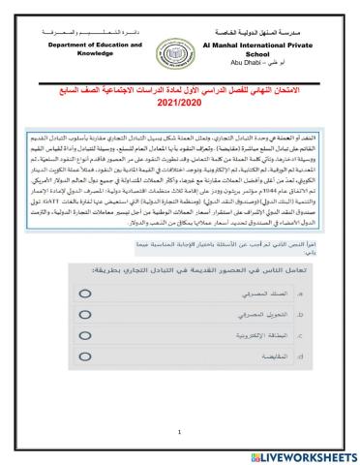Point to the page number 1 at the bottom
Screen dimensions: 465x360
(x=179, y=432)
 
